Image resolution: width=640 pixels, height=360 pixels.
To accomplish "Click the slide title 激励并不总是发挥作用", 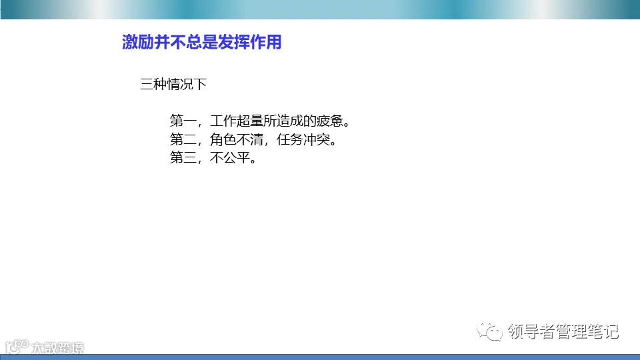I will tap(201, 43).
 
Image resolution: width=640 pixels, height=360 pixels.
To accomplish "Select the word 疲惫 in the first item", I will tap(328, 121).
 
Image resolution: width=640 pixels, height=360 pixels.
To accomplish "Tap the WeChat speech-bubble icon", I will tap(493, 331).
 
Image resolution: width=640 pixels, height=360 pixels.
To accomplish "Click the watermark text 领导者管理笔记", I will tap(563, 331).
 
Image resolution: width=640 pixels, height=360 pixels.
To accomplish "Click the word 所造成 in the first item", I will tap(282, 121).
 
